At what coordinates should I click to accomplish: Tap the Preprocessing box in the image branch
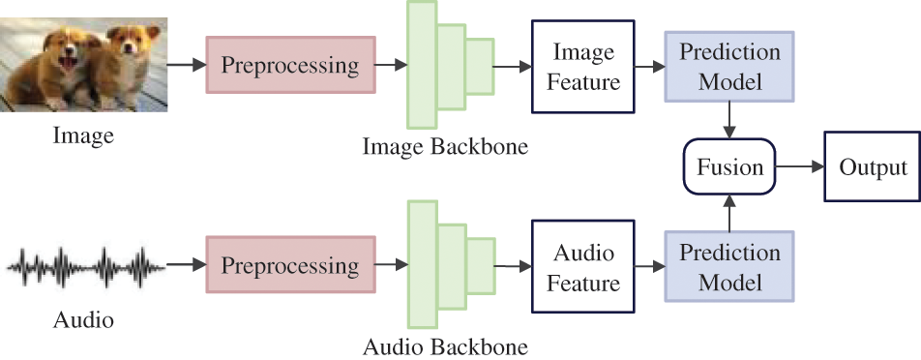pos(290,65)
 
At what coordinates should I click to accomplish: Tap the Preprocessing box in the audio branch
pos(290,264)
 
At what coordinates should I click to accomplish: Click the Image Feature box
pos(583,65)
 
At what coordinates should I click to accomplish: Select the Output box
pos(873,167)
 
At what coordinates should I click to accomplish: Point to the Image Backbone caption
pos(445,147)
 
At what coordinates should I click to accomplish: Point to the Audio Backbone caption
pos(445,345)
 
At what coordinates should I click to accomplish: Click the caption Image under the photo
pos(83,136)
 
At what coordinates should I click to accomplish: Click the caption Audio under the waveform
pos(84,317)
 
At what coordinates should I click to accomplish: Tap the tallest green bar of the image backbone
pos(421,65)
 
